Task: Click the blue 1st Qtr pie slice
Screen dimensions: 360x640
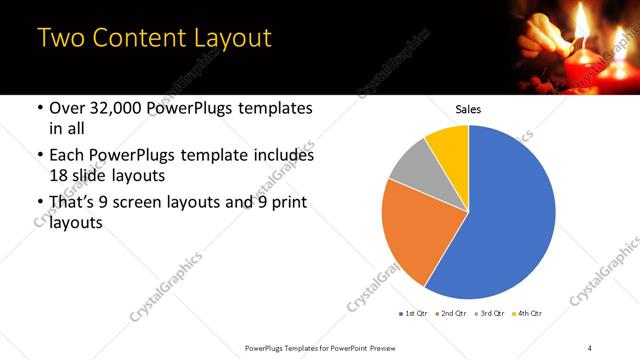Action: (500, 220)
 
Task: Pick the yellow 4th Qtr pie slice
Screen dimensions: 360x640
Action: (449, 145)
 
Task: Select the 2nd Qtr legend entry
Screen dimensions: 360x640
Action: (452, 315)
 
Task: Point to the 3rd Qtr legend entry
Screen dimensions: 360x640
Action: (491, 315)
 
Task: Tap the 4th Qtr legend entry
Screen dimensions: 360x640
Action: (527, 315)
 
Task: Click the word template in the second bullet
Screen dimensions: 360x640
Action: (235, 156)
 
